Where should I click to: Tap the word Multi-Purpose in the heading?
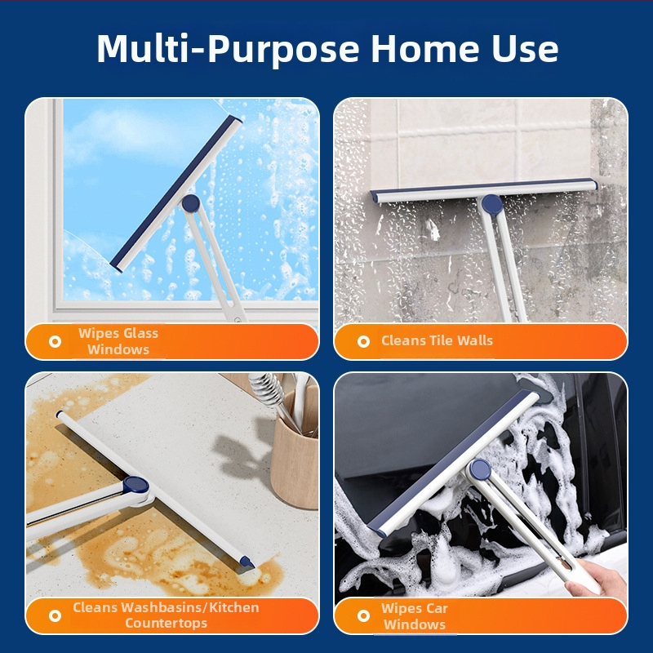tap(228, 50)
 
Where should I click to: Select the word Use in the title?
tap(525, 49)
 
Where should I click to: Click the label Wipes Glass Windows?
tap(118, 341)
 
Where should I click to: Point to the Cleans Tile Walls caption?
tap(437, 340)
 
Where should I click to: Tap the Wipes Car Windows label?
tap(415, 616)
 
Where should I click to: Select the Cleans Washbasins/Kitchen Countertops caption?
tap(166, 615)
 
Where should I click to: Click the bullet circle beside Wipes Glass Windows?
tap(55, 341)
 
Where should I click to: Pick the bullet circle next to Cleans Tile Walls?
tap(363, 341)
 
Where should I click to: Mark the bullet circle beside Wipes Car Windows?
tap(363, 615)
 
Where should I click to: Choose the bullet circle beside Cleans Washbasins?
tap(55, 615)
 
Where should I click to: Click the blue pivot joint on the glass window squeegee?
tap(191, 203)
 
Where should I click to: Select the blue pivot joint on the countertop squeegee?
tap(135, 485)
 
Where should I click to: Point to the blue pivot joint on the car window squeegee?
tap(480, 469)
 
